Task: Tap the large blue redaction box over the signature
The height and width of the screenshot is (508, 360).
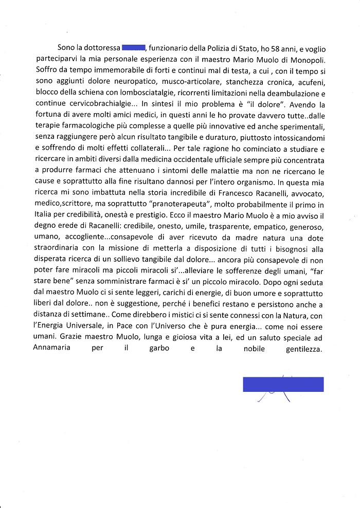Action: coord(283,385)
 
